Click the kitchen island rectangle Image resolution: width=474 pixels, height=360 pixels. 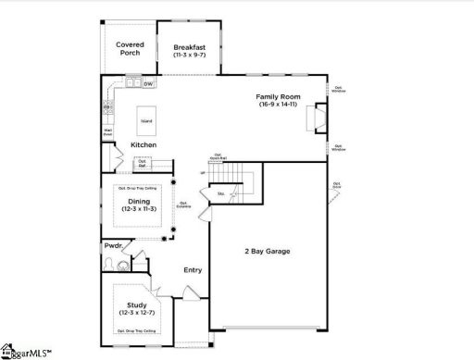[x=145, y=120]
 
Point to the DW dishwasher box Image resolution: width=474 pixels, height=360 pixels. [x=148, y=84]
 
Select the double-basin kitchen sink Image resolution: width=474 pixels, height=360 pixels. [x=131, y=84]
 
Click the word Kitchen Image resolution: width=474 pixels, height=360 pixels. [x=143, y=145]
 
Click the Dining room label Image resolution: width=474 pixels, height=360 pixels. [x=139, y=202]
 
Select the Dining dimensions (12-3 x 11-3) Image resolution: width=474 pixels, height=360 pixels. [x=139, y=209]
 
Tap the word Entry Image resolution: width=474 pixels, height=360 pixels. [x=193, y=270]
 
